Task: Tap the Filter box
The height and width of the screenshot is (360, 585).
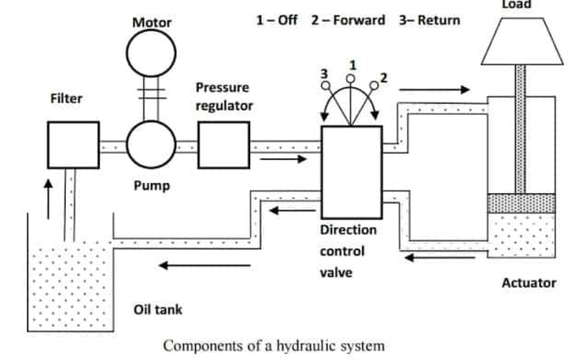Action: pos(73,145)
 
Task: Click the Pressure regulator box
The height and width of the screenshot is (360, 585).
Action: pos(224,145)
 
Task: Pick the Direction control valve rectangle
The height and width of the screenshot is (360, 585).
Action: pos(351,172)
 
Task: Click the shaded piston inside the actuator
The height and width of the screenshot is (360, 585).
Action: pos(522,203)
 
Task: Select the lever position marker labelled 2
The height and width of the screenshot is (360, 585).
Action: pos(375,86)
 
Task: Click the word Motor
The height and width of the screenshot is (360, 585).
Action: pos(152,22)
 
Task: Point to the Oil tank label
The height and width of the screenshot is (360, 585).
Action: pos(158,309)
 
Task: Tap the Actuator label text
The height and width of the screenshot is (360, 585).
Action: pos(529,283)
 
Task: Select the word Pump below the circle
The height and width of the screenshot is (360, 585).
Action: pos(152,186)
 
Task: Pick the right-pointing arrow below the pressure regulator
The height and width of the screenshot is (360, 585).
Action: pos(282,159)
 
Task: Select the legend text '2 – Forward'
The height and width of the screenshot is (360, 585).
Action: pos(348,19)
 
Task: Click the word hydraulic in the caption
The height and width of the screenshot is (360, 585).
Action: pos(295,345)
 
